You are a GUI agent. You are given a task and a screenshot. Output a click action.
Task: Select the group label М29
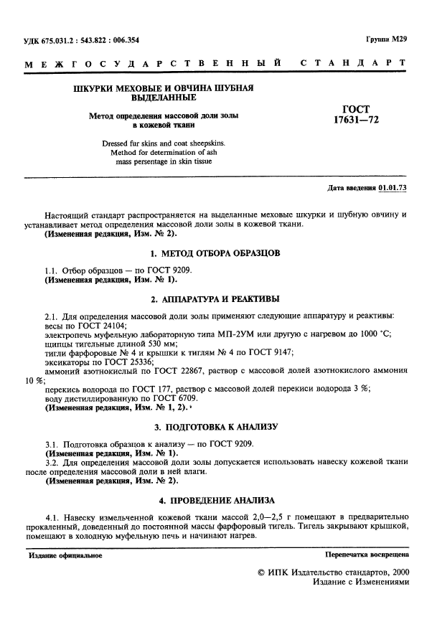(x=399, y=41)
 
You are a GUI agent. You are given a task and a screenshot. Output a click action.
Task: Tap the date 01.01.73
(x=392, y=189)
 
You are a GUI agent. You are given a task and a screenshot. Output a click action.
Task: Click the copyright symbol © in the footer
(x=260, y=574)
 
